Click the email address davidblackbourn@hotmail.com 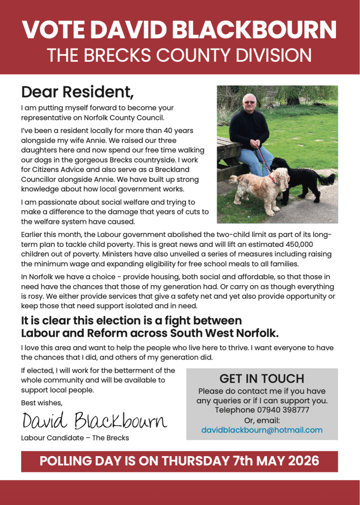[x=262, y=430]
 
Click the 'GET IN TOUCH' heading [x=262, y=379]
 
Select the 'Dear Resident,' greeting [x=77, y=92]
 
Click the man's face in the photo [x=250, y=103]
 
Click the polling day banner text [x=179, y=461]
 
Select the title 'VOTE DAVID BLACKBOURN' [x=179, y=31]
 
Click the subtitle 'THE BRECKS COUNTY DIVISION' [x=179, y=55]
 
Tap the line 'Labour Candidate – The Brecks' [x=75, y=437]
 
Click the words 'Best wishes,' [x=41, y=403]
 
